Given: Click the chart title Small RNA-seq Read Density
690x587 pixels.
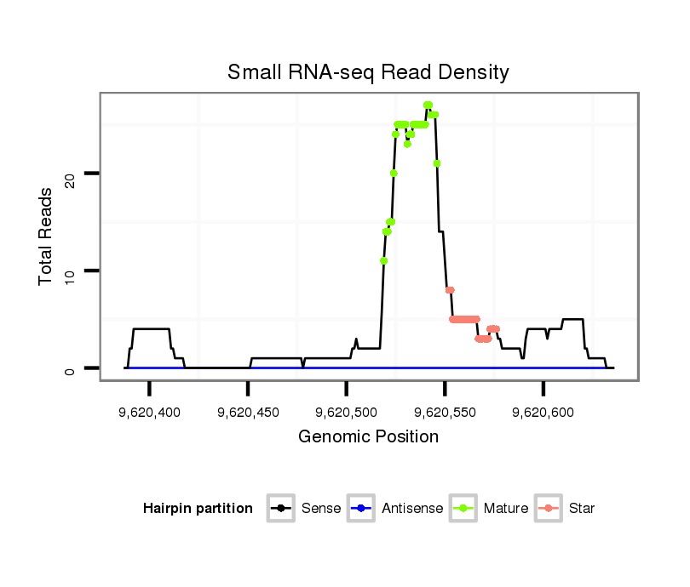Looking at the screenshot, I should [x=368, y=72].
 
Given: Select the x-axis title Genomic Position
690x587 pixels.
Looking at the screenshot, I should [x=368, y=437].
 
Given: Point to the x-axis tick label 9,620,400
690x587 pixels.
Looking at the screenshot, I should [x=149, y=413].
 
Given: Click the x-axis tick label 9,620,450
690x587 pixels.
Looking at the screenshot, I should [x=248, y=413].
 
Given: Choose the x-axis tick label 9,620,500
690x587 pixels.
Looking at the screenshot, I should [x=346, y=413].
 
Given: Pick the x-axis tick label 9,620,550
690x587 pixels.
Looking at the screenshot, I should [x=445, y=413].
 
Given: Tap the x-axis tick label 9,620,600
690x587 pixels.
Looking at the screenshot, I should [x=543, y=413].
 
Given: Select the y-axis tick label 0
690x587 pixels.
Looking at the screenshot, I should [x=72, y=369].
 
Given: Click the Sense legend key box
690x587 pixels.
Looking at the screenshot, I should [x=281, y=509].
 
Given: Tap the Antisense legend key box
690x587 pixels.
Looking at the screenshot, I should [x=361, y=509].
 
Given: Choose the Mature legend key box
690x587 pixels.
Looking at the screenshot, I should [x=463, y=509].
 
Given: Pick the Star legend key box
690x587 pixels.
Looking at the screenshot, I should [x=549, y=509].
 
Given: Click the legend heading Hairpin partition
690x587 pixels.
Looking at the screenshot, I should [x=198, y=509].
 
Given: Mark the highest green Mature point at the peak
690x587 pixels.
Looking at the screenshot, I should [x=428, y=105].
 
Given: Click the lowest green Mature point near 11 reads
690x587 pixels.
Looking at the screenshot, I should [x=384, y=261].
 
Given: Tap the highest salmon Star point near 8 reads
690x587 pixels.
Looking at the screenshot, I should [x=450, y=290].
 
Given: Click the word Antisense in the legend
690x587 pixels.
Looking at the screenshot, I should [x=412, y=509].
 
